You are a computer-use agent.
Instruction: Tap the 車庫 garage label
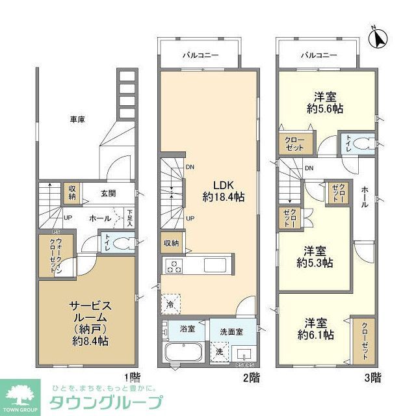point(78,119)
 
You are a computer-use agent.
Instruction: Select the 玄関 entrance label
point(108,193)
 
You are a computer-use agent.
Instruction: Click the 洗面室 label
point(231,331)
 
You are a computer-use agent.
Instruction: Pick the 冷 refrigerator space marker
point(170,304)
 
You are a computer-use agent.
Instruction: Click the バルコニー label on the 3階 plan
point(318,55)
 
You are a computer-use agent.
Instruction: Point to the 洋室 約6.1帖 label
point(317,329)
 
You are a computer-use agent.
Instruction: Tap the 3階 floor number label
point(373,376)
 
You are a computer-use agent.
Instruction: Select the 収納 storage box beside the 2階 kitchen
point(172,242)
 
